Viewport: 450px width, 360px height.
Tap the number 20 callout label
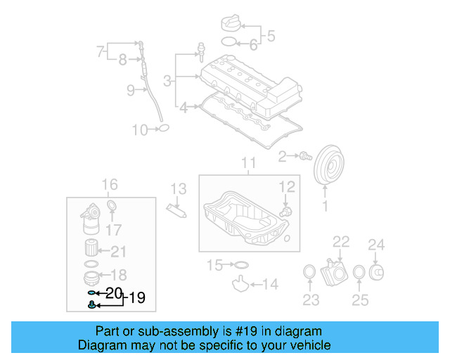tap(114, 292)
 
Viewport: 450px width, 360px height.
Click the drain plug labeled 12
tap(285, 210)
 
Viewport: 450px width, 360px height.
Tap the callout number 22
tap(341, 242)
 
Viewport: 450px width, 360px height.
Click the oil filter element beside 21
tap(91, 250)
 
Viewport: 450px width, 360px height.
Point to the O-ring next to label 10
tap(163, 128)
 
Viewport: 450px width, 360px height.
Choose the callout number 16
tap(110, 185)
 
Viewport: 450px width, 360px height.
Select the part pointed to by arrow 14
tap(241, 285)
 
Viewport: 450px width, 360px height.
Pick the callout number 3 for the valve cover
tap(167, 82)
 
